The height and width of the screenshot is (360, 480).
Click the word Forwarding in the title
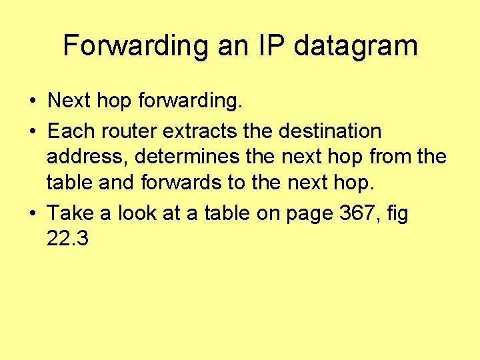(x=135, y=46)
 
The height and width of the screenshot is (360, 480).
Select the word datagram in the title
(x=355, y=46)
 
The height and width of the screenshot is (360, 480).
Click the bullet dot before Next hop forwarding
(x=32, y=101)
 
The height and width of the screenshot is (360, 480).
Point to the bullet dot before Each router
(x=32, y=131)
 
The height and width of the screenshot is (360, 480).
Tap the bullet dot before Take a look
(x=32, y=214)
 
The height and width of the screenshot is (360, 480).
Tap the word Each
(x=69, y=131)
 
